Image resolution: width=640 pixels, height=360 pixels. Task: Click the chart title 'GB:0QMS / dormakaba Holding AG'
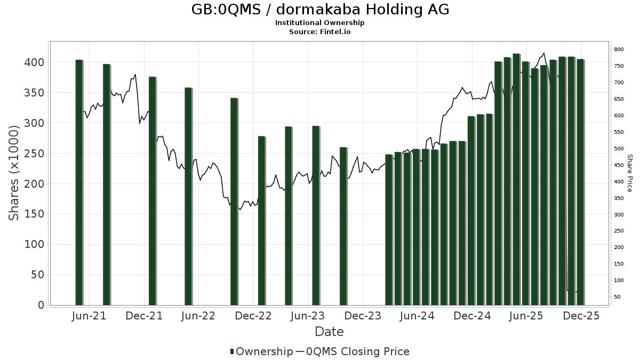click(320, 10)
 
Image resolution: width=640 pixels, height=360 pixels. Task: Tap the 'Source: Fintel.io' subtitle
click(320, 31)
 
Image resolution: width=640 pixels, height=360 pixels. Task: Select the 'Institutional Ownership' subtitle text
click(320, 23)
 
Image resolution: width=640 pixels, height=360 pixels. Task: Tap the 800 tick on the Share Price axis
click(619, 50)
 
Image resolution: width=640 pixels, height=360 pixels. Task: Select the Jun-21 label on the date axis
click(89, 316)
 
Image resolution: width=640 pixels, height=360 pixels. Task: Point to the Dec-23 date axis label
click(362, 316)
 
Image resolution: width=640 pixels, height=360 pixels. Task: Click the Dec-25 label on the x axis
click(581, 316)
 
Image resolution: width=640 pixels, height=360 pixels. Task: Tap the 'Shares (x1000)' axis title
click(14, 172)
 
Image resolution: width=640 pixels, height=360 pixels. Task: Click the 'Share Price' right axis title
click(629, 173)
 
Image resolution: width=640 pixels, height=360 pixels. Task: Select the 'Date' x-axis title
click(329, 332)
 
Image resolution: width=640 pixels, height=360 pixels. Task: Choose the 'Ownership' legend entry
click(261, 351)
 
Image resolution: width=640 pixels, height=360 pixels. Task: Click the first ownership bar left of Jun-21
click(79, 182)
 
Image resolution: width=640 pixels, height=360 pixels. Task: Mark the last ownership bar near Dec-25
click(580, 182)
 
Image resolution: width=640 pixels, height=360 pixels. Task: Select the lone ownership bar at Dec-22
click(261, 220)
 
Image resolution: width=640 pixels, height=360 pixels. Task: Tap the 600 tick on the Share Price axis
click(619, 116)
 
